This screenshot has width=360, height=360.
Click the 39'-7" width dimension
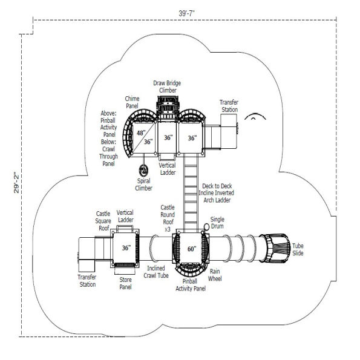[x=186, y=13]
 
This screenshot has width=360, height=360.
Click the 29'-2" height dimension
[x=16, y=183]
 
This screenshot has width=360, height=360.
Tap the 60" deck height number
[x=192, y=249]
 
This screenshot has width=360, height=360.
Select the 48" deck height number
[x=141, y=133]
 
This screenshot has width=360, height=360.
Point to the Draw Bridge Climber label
[x=167, y=87]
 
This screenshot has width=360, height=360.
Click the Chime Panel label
[x=132, y=102]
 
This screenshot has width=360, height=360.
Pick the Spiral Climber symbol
[x=144, y=171]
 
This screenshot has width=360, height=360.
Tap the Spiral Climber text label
[x=144, y=185]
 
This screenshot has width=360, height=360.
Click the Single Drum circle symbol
[x=207, y=227]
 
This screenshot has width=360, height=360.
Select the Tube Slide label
[x=298, y=249]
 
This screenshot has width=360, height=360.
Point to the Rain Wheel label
[x=215, y=275]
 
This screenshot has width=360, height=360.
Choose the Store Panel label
[x=125, y=283]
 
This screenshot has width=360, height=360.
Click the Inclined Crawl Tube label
[x=156, y=272]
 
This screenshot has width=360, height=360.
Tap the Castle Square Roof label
[x=103, y=221]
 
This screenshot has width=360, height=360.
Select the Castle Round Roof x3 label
[x=168, y=218]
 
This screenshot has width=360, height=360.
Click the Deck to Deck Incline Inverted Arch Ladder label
[x=216, y=193]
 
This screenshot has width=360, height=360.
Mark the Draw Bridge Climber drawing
[x=168, y=107]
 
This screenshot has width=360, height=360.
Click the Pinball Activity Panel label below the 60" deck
[x=191, y=285]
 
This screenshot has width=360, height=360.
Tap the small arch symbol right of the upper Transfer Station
[x=255, y=116]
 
